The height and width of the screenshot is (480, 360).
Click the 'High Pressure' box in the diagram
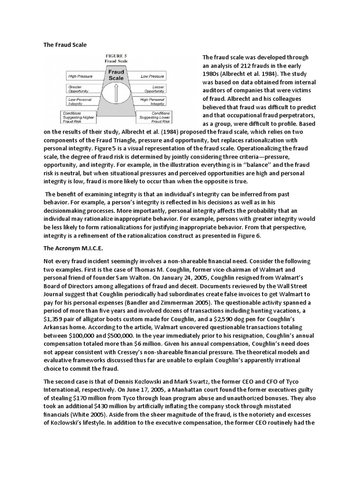[x=80, y=76]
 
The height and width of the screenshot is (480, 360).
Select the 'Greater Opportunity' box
[x=81, y=88]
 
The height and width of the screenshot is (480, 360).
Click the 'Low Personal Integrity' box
[x=80, y=102]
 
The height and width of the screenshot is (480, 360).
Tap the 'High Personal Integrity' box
[x=152, y=102]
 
